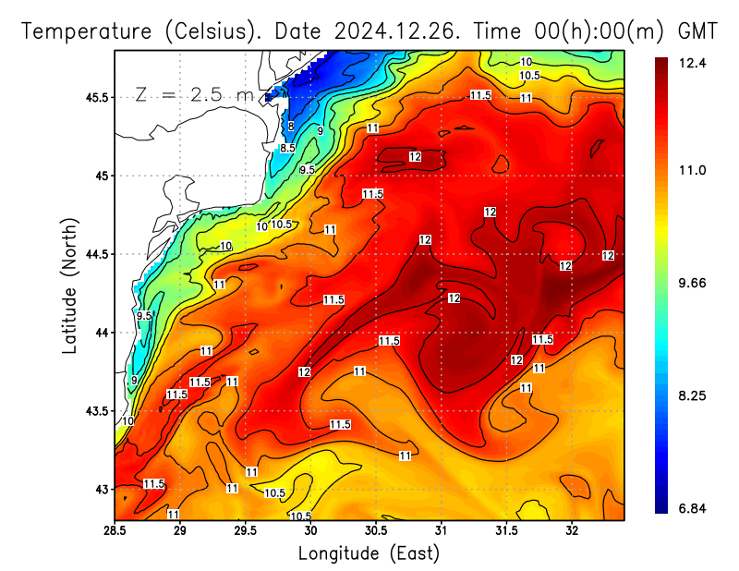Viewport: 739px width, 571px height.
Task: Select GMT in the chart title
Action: pyautogui.click(x=697, y=30)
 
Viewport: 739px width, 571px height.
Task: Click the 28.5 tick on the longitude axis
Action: pyautogui.click(x=115, y=529)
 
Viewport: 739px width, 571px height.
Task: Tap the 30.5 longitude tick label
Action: pyautogui.click(x=376, y=529)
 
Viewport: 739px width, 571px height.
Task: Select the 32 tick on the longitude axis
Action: pyautogui.click(x=572, y=529)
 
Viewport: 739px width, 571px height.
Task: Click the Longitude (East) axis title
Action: pyautogui.click(x=369, y=553)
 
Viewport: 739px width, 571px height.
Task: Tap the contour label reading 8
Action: pyautogui.click(x=290, y=126)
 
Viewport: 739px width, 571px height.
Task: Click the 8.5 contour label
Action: pyautogui.click(x=287, y=148)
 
